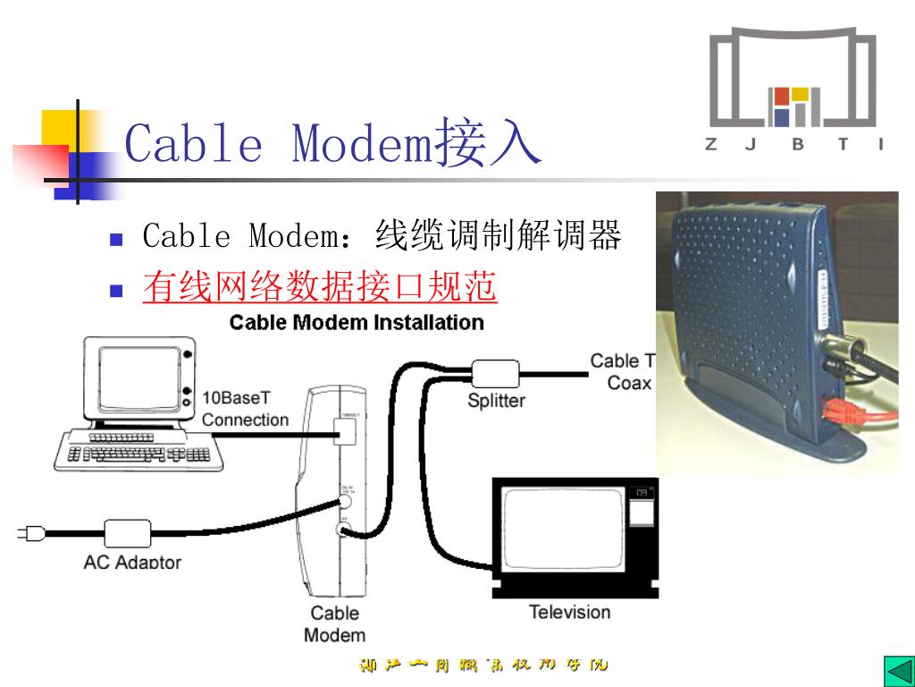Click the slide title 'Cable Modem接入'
(332, 143)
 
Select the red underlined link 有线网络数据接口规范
(320, 287)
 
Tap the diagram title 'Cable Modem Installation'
(357, 322)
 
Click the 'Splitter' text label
(496, 401)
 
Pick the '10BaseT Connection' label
(245, 409)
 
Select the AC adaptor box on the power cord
(127, 533)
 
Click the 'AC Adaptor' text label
(132, 563)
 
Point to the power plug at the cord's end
(30, 534)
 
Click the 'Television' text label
(569, 613)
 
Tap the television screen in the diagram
(561, 527)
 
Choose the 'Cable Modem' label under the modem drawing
(334, 624)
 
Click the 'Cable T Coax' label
(622, 372)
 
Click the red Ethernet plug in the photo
(840, 412)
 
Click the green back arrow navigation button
(895, 669)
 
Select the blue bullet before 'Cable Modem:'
(114, 240)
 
